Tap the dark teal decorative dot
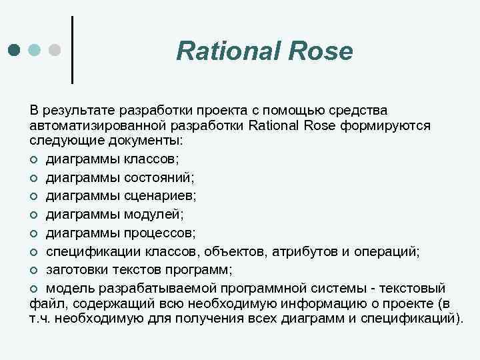pyautogui.click(x=15, y=51)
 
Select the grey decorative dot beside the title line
pyautogui.click(x=55, y=51)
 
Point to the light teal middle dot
pyautogui.click(x=35, y=51)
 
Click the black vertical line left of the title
pyautogui.click(x=71, y=50)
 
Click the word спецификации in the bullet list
pyautogui.click(x=91, y=251)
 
